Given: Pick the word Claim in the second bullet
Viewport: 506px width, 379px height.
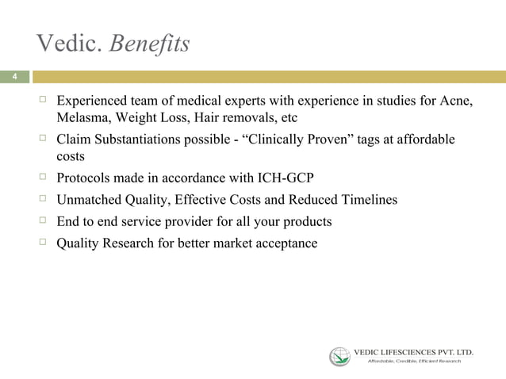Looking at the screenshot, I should click(74, 140).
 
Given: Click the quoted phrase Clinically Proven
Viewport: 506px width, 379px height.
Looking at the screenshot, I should click(301, 140).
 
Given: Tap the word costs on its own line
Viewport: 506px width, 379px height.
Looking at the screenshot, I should click(71, 157).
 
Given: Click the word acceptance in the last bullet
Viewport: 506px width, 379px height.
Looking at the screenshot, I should click(284, 243).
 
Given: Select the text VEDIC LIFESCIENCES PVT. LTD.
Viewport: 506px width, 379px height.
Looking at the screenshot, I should click(413, 350).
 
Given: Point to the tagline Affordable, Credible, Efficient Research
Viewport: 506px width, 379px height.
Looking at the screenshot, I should click(413, 362).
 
